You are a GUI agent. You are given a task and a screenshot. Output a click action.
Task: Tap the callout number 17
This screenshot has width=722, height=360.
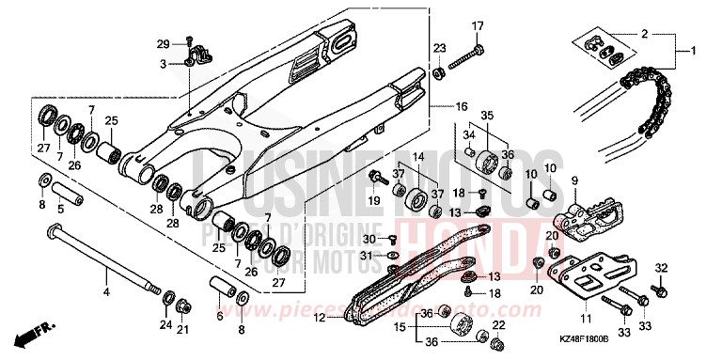coord(478,24)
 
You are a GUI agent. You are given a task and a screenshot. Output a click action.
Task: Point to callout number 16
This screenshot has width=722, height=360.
coord(462,106)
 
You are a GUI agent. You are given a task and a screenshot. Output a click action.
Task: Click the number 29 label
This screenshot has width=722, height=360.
coord(162,43)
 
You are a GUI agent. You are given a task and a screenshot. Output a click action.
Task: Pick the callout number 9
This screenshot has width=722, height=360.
coord(573,180)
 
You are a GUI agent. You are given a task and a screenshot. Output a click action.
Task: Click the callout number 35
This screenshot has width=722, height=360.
coord(487,116)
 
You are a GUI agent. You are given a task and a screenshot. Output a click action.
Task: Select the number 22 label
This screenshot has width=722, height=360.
coord(498,325)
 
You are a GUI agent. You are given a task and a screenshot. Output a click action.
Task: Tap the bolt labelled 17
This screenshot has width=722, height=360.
coord(464,57)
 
